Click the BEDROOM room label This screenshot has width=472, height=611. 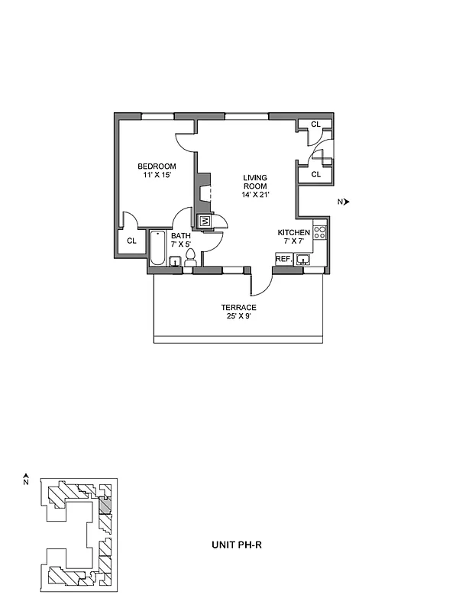157,166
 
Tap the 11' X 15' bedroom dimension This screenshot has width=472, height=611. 157,176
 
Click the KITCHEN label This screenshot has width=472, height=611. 293,232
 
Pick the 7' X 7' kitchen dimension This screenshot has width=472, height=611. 293,241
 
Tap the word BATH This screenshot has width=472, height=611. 181,236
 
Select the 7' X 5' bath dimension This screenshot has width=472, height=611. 181,245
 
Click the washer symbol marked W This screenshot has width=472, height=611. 205,221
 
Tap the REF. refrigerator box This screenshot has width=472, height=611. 283,260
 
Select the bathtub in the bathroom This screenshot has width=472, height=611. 157,247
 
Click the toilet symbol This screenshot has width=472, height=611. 191,257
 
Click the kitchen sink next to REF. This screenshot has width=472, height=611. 305,260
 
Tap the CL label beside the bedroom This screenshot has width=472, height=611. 131,241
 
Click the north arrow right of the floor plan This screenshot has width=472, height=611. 345,202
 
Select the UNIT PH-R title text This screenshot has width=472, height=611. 238,545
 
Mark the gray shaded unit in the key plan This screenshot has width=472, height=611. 105,506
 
